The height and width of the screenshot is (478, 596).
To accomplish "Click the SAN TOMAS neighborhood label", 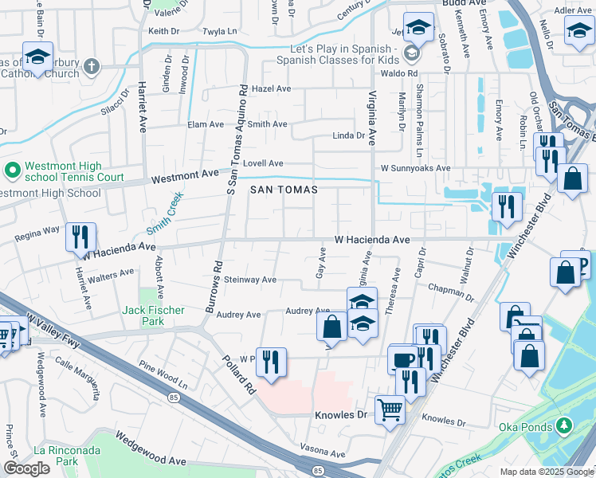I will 284,190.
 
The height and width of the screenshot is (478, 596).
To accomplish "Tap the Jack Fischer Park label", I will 154,315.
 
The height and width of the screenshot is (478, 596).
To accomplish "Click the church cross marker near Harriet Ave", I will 92,66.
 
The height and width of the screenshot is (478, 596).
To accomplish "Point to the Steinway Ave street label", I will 249,280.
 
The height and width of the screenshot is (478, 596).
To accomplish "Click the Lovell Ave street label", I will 264,163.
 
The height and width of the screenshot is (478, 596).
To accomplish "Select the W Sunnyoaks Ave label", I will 415,169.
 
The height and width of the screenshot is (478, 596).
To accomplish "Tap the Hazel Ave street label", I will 273,88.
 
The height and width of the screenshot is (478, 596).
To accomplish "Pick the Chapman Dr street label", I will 451,292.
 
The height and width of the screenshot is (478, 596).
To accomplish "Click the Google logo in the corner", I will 27,468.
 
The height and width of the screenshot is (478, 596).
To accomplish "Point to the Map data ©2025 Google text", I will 545,472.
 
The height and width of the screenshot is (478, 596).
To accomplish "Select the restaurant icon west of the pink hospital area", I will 270,362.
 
